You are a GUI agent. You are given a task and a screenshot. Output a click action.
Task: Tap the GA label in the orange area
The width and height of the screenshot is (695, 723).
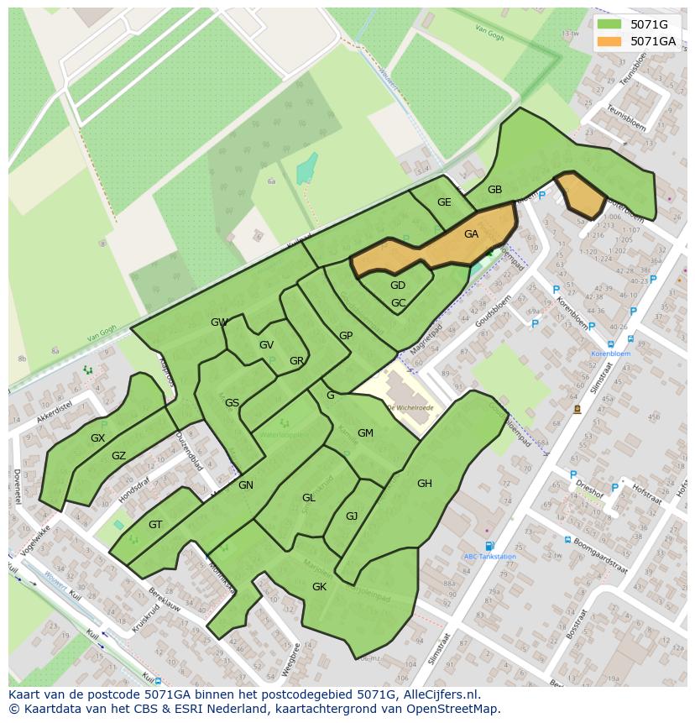click(471, 234)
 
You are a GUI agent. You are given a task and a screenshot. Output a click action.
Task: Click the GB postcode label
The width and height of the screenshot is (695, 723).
click(494, 190)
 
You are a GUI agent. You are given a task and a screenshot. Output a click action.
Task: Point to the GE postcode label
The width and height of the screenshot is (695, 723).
click(444, 202)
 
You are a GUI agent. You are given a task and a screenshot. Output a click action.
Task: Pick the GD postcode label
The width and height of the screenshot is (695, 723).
click(398, 286)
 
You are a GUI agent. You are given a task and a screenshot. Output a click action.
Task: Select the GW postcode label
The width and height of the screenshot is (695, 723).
click(219, 322)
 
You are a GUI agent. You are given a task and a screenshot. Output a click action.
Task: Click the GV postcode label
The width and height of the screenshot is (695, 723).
click(266, 345)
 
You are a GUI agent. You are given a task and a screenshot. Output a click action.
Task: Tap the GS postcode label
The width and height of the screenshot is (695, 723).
click(232, 403)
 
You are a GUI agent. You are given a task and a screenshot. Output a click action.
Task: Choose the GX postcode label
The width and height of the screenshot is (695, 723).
click(98, 438)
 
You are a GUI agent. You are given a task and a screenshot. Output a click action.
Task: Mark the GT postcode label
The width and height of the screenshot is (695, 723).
click(155, 525)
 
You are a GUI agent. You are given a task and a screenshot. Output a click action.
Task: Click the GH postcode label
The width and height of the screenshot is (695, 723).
click(425, 483)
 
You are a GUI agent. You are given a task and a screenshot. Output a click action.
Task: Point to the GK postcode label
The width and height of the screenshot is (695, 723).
click(319, 587)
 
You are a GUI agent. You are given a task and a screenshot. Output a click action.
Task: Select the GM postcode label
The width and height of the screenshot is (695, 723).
click(365, 433)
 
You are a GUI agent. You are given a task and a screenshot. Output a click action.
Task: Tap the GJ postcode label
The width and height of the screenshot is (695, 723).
click(352, 516)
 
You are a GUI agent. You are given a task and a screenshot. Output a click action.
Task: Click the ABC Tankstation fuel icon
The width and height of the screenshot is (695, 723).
click(489, 546)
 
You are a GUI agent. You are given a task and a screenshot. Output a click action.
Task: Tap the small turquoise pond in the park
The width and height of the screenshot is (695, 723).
click(306, 169)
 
